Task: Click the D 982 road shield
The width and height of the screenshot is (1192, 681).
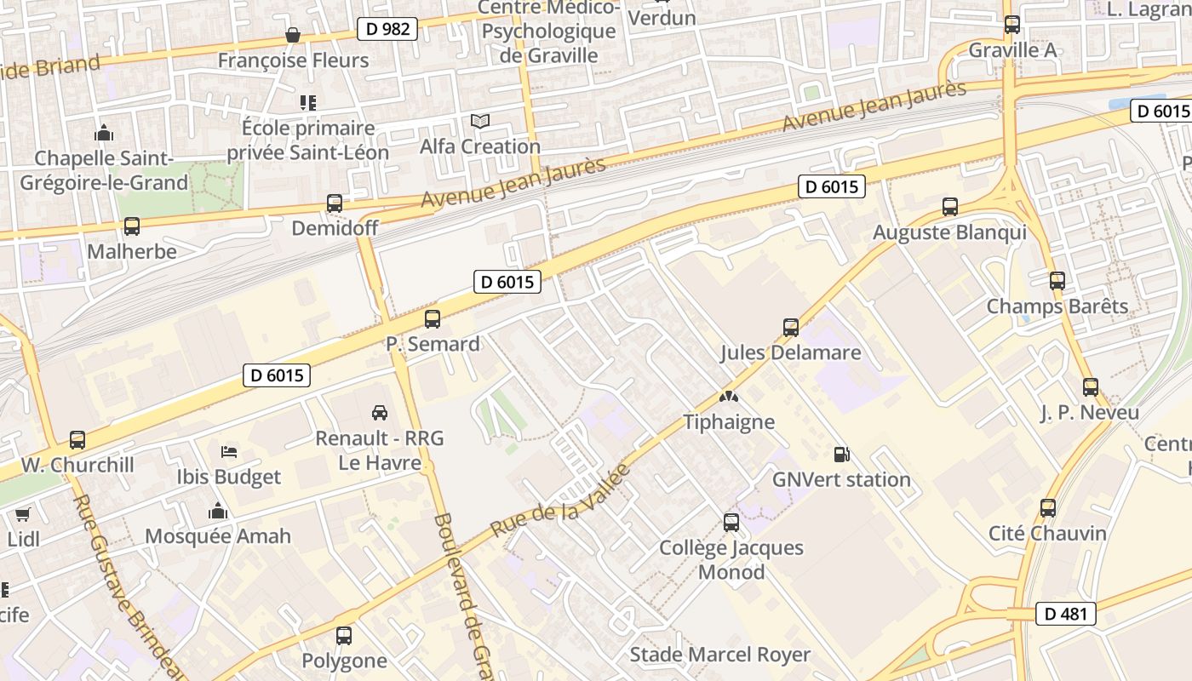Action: tap(387, 29)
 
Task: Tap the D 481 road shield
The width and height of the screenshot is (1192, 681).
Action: tap(1066, 614)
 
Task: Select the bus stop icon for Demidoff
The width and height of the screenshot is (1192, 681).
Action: tap(335, 203)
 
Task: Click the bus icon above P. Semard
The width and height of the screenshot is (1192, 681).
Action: tap(433, 319)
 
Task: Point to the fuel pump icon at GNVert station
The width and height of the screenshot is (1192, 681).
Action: tap(841, 455)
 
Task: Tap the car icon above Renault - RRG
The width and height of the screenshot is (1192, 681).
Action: tap(380, 413)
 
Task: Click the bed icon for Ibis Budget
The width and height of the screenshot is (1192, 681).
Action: tap(228, 451)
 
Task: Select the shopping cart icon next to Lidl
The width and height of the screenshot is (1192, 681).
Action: tap(23, 514)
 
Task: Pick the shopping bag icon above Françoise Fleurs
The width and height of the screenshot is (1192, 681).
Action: tap(293, 35)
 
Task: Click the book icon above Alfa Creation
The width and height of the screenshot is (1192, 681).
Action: tap(480, 122)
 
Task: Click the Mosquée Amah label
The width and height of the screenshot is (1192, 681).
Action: tap(218, 536)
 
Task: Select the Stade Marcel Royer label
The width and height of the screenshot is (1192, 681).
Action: tap(719, 655)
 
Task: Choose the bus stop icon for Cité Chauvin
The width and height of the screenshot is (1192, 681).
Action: tap(1047, 508)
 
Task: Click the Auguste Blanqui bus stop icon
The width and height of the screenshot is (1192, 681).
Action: tap(950, 207)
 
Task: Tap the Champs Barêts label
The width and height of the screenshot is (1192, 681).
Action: tap(1057, 306)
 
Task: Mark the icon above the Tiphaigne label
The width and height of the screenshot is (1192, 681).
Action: tap(729, 397)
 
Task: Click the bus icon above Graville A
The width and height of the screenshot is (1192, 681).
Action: tap(1012, 25)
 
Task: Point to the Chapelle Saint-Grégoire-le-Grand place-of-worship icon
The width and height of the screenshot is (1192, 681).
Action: tap(104, 134)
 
